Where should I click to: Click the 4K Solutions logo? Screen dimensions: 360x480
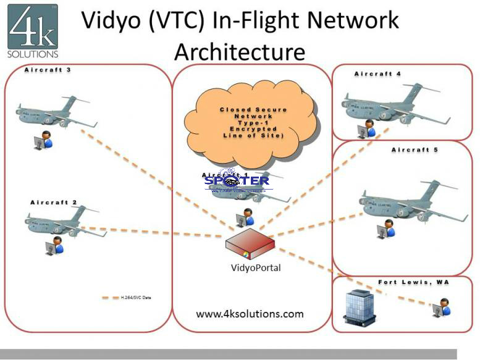[x=33, y=30]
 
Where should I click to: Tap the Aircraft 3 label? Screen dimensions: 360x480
[x=48, y=70]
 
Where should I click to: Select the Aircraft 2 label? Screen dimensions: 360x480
[x=53, y=202]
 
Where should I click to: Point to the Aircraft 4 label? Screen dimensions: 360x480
[x=377, y=74]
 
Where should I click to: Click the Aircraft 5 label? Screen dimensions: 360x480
[x=415, y=149]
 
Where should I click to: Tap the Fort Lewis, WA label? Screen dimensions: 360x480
[x=413, y=282]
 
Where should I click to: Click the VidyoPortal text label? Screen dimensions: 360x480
[x=250, y=268]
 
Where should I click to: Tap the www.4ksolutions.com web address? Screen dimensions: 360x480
[x=250, y=314]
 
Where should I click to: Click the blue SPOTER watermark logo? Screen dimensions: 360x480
[x=237, y=182]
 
